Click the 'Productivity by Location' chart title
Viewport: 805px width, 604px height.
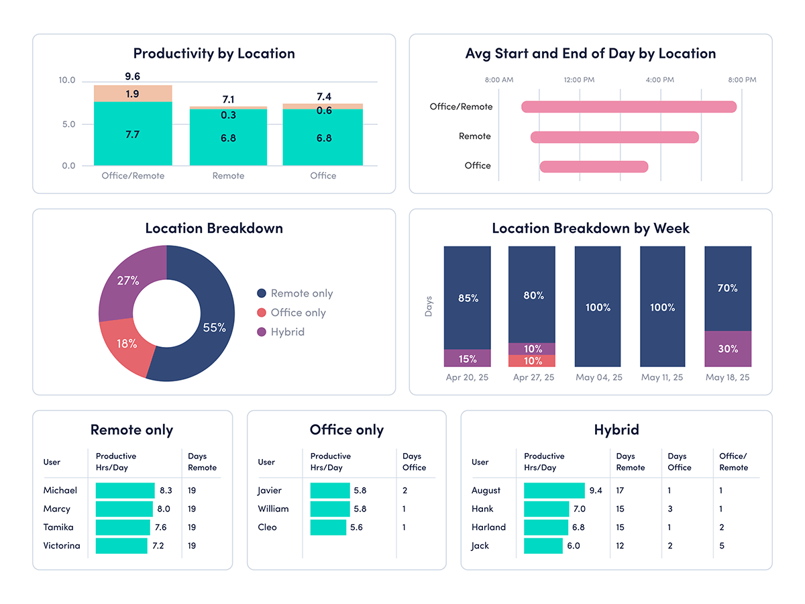click(x=213, y=54)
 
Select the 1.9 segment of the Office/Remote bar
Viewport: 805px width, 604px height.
click(x=132, y=94)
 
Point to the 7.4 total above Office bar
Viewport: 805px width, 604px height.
click(x=323, y=97)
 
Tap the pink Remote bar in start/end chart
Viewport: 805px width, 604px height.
click(x=614, y=137)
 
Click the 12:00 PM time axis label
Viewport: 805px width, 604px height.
click(x=578, y=80)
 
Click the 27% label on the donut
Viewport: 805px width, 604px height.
click(x=127, y=281)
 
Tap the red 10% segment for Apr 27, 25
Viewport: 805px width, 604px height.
click(x=532, y=361)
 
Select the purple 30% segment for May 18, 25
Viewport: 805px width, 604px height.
click(x=728, y=348)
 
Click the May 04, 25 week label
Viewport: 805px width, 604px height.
click(x=598, y=377)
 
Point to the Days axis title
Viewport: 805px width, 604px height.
click(x=429, y=306)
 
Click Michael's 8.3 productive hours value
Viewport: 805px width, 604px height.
click(x=166, y=491)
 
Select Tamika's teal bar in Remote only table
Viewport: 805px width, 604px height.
click(x=123, y=527)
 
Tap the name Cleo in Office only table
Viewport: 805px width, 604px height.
click(x=268, y=527)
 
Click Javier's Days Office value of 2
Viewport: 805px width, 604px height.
click(x=405, y=491)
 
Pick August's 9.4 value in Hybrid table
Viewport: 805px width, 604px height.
click(x=595, y=491)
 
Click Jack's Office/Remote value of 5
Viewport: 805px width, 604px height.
click(x=722, y=546)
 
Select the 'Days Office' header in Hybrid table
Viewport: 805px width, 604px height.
click(x=679, y=462)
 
